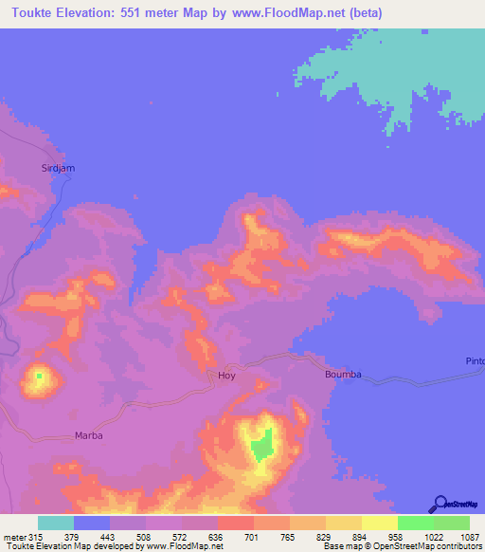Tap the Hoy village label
click(226, 376)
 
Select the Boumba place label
click(343, 375)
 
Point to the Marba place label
click(87, 436)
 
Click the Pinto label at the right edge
click(475, 361)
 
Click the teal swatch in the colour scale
click(56, 523)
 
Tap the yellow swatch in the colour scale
click(379, 523)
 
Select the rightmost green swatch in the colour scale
click(451, 523)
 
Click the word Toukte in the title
click(27, 13)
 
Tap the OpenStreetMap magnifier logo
click(441, 505)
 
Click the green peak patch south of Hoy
click(262, 445)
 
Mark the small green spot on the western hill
click(39, 376)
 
